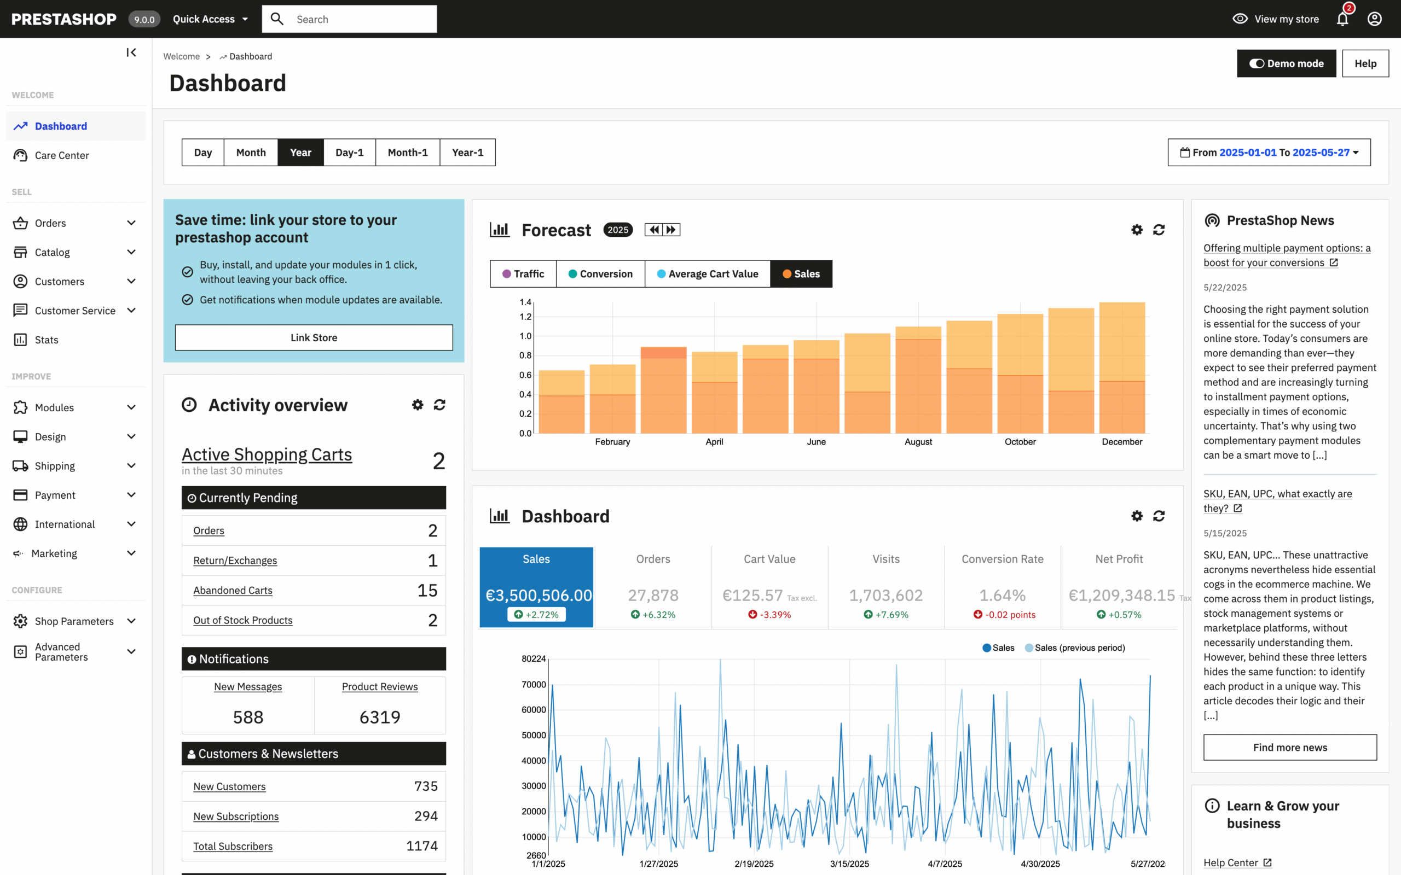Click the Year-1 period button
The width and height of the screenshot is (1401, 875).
(x=467, y=152)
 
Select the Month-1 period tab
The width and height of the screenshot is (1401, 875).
(x=408, y=152)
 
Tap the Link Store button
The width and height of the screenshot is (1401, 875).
(x=314, y=337)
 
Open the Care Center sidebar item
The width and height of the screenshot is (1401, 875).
(x=61, y=155)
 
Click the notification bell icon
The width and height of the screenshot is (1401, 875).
(x=1342, y=19)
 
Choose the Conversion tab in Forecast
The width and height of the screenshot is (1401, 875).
(x=600, y=274)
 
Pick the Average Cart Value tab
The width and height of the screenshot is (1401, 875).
(x=708, y=274)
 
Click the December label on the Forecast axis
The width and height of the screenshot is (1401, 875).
(x=1122, y=441)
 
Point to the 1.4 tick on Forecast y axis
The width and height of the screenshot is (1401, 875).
(x=525, y=302)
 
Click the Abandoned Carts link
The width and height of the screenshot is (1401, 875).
(x=233, y=590)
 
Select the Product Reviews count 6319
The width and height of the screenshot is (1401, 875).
(x=380, y=717)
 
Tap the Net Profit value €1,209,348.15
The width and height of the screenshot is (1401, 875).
(x=1121, y=595)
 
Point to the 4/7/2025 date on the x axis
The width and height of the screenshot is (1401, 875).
(x=945, y=864)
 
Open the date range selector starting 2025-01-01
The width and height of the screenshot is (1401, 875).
(x=1269, y=152)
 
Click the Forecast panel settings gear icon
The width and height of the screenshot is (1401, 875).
(x=1137, y=230)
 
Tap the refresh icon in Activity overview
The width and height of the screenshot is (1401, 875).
(x=439, y=405)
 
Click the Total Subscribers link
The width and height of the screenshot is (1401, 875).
(x=233, y=846)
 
